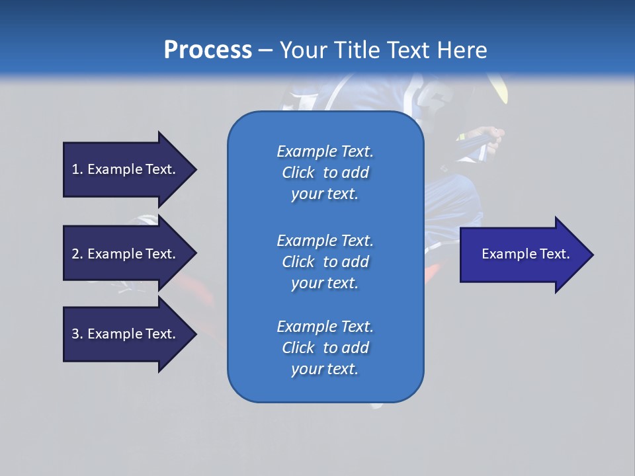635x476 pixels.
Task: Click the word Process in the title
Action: [208, 50]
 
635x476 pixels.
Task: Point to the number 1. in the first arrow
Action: [77, 169]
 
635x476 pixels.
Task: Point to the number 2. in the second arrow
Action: [77, 254]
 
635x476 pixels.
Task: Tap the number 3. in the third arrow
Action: [77, 334]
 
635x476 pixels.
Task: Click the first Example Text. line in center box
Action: [325, 151]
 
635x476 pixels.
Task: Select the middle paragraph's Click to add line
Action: [325, 262]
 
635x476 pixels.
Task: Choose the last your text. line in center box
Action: [325, 369]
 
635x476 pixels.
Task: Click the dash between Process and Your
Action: [265, 50]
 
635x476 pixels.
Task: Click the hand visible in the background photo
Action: [490, 135]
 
